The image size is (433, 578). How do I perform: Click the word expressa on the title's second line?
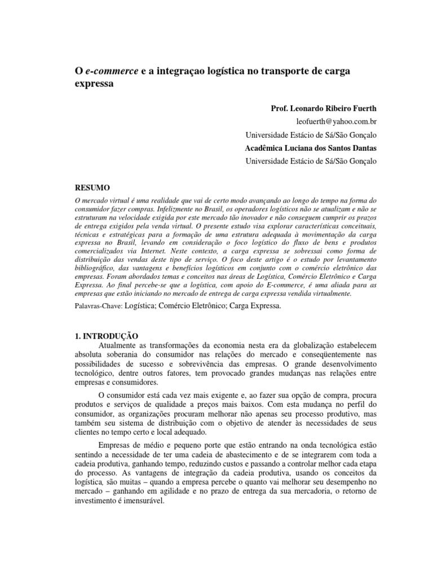(x=95, y=84)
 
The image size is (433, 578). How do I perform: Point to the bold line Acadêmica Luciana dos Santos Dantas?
(x=311, y=148)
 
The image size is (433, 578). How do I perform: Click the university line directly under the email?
(x=311, y=134)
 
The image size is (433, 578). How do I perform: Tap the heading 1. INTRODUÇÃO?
(x=107, y=336)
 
